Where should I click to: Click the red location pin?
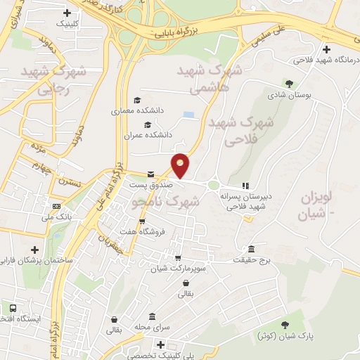[x=181, y=165]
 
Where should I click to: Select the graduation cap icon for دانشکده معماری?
[x=137, y=100]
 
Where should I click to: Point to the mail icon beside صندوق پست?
[x=150, y=174]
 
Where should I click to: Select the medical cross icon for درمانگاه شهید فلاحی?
[x=326, y=49]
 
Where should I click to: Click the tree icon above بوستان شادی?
[x=289, y=83]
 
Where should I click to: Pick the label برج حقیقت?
[x=252, y=260]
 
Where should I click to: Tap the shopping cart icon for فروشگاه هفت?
[x=143, y=221]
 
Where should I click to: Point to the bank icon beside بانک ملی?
[x=56, y=207]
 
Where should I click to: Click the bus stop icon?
[x=13, y=308]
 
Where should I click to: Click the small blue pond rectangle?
[x=188, y=114]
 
